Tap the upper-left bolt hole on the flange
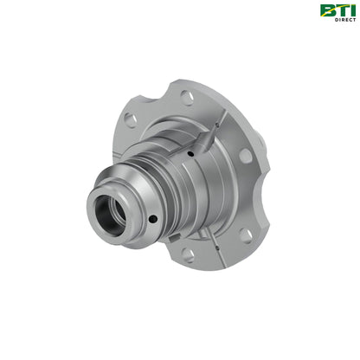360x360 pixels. pos(131,119)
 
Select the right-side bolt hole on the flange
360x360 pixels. pos(245,156)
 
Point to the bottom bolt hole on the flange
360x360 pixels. pos(188,255)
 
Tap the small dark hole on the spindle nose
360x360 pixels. pos(152,219)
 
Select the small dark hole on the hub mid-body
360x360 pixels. pos(190,154)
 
